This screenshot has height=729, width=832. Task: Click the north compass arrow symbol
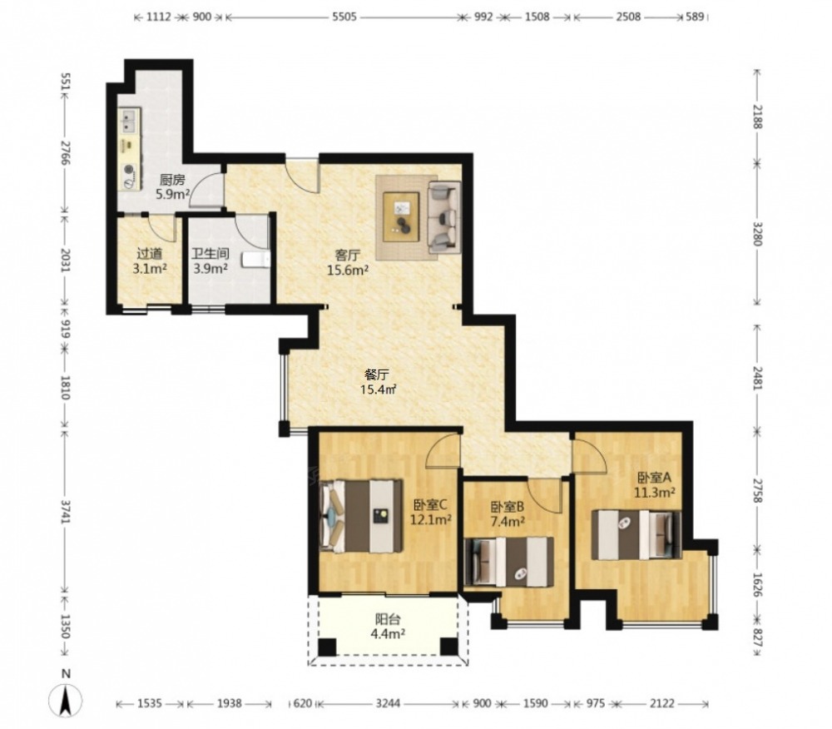point(66,701)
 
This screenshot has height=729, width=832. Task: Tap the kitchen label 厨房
point(172,180)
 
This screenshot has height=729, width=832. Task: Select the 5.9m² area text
point(172,194)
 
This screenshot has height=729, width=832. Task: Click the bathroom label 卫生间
point(210,254)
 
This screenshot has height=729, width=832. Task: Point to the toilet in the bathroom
point(257,260)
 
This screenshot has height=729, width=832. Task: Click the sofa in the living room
point(443,217)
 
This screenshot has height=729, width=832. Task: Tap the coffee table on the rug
point(401,217)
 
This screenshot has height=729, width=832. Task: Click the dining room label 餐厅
point(377,375)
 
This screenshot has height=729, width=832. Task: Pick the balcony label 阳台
point(388,619)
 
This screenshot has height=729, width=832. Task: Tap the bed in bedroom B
point(508,562)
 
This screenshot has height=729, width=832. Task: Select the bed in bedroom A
point(636,534)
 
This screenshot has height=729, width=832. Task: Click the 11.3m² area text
point(655,492)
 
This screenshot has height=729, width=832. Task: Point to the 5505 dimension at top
point(344,17)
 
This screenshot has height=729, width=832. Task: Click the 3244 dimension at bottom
point(389,703)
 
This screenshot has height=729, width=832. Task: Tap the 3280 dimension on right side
point(757,234)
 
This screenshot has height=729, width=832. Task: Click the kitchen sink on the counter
point(128,121)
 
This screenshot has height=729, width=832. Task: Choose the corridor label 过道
point(150,254)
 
